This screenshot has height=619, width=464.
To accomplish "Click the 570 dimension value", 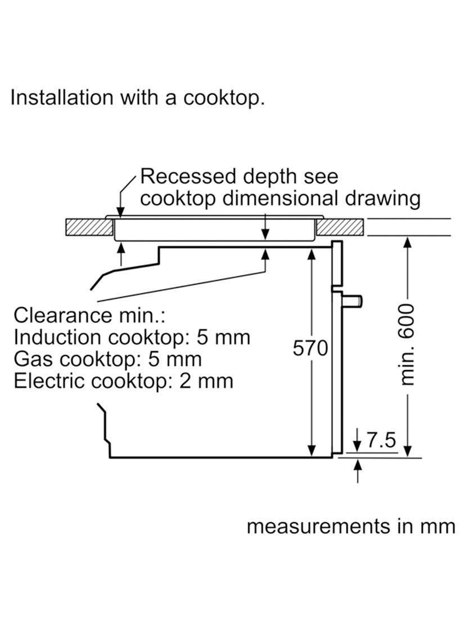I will coord(310,348).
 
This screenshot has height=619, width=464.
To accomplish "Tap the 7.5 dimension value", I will coord(381,440).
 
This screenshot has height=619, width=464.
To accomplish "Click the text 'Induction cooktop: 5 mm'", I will coord(132,337).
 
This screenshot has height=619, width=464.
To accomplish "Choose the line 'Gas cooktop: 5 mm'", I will coord(107,359).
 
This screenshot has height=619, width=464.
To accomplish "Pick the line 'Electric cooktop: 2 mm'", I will coord(123,381).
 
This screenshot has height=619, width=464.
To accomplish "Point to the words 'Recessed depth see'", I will coord(239,177).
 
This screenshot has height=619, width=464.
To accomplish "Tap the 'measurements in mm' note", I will coord(350,526).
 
